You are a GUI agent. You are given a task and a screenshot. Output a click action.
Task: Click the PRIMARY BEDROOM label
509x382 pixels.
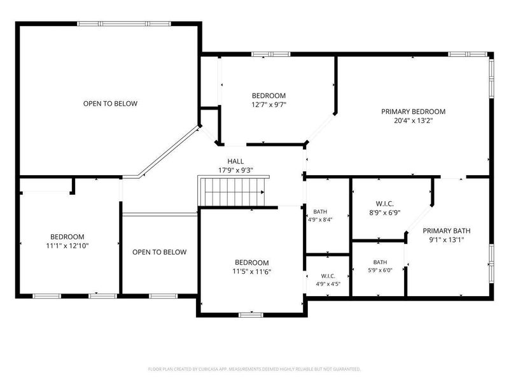point(413,112)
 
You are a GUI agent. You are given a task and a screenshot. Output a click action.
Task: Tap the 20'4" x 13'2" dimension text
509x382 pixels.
point(413,121)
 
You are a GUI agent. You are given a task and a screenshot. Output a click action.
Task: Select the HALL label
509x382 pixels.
point(235,161)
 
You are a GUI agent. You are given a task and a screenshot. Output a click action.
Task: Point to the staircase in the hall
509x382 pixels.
point(234,191)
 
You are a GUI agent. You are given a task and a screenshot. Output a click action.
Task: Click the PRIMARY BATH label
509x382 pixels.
point(447,231)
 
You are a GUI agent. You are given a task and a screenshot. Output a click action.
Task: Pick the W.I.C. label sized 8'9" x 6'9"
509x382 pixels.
point(385,204)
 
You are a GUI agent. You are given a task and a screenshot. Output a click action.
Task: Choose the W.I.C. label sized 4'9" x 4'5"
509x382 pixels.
point(328,276)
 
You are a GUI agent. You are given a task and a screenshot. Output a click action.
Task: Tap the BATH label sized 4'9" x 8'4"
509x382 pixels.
point(320,212)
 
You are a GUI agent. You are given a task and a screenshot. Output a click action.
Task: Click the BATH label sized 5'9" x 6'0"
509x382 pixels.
point(380,262)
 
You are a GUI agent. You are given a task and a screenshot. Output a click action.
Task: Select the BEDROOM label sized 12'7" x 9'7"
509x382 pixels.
point(268,96)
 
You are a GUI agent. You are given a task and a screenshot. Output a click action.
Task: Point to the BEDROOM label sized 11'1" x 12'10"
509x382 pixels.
point(67,237)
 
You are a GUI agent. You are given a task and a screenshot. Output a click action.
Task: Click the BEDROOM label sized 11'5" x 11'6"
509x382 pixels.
point(251,262)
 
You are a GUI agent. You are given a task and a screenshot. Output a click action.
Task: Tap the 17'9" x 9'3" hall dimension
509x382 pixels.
point(235,170)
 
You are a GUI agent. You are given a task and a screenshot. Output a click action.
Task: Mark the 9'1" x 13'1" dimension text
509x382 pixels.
point(447,240)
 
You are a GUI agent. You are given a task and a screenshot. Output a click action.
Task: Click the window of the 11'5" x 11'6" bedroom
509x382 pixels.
point(251,315)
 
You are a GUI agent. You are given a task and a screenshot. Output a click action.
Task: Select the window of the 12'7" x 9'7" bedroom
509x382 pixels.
point(271,54)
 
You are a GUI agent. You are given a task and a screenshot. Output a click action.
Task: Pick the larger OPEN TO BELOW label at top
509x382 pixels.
point(110,104)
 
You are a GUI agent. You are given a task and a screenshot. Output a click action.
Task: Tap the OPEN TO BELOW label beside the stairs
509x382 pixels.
point(160,252)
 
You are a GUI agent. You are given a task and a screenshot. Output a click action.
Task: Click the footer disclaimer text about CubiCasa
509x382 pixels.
point(254,369)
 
